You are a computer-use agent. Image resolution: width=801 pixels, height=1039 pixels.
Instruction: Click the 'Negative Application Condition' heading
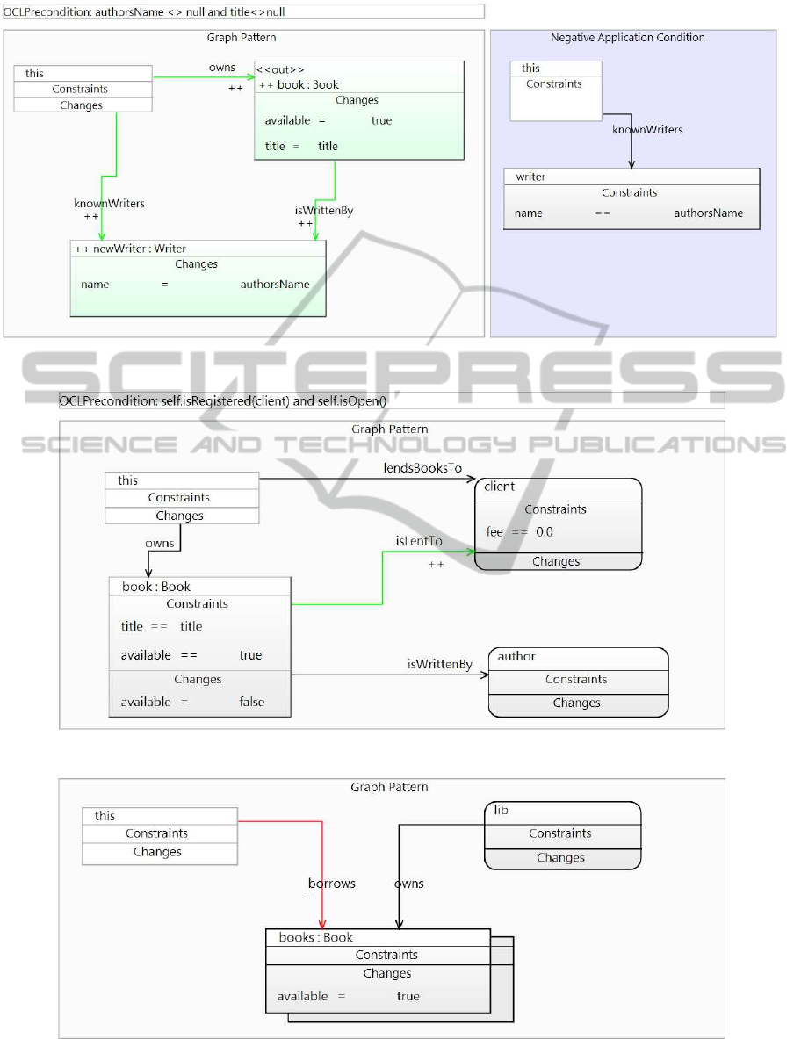pyautogui.click(x=627, y=38)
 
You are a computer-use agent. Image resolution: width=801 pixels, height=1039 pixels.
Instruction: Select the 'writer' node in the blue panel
pyautogui.click(x=530, y=177)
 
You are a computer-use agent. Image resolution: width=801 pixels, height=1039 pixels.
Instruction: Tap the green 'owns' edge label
pyautogui.click(x=221, y=68)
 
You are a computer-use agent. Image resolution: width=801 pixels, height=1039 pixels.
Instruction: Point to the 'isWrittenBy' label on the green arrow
pyautogui.click(x=324, y=210)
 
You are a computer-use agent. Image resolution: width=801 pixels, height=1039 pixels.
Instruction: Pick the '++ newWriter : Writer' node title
pyautogui.click(x=131, y=249)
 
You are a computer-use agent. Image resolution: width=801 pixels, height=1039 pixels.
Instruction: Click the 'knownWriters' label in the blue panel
pyautogui.click(x=647, y=130)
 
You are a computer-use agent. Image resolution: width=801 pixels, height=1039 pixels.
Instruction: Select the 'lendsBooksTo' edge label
pyautogui.click(x=422, y=468)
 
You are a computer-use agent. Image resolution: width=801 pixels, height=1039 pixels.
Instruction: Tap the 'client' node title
pyautogui.click(x=499, y=487)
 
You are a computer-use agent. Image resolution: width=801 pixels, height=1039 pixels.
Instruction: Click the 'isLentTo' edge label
pyautogui.click(x=419, y=541)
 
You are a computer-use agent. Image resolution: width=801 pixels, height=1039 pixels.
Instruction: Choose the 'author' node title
pyautogui.click(x=516, y=656)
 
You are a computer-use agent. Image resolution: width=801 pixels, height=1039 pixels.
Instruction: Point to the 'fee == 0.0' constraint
pyautogui.click(x=519, y=532)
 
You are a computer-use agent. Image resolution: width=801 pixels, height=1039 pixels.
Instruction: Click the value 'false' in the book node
pyautogui.click(x=252, y=702)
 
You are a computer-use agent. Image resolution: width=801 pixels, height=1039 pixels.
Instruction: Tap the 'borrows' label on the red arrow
pyautogui.click(x=331, y=884)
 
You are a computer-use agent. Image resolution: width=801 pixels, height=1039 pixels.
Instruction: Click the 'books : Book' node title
pyautogui.click(x=315, y=938)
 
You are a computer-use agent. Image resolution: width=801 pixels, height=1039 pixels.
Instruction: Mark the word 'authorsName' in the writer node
pyautogui.click(x=708, y=213)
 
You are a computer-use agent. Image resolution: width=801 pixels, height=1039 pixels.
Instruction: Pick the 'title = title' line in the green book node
pyautogui.click(x=301, y=146)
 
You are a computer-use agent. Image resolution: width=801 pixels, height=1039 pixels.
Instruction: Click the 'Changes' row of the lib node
pyautogui.click(x=560, y=858)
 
